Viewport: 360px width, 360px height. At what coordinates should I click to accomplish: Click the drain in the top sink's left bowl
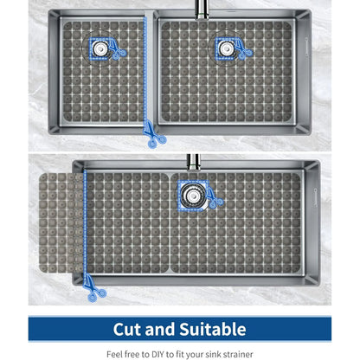click(x=100, y=48)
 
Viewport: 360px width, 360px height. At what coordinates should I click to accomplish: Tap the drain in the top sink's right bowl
click(x=226, y=48)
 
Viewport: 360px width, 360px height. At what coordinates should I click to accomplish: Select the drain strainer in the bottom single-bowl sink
click(x=193, y=196)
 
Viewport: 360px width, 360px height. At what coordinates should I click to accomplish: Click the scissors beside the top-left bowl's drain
click(x=116, y=49)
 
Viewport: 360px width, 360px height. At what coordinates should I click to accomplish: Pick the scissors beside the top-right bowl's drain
click(x=243, y=49)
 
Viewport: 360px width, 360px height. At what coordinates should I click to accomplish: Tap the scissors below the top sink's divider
click(x=154, y=135)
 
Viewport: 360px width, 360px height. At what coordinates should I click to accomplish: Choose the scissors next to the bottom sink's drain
click(x=214, y=197)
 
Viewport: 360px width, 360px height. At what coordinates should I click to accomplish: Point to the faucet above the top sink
click(x=202, y=10)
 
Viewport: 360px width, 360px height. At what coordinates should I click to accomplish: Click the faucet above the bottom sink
click(x=194, y=162)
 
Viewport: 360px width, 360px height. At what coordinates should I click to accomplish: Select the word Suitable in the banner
click(x=213, y=329)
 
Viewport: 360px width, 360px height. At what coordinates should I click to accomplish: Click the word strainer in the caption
click(x=238, y=354)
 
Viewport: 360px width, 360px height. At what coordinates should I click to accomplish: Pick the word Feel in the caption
click(x=112, y=354)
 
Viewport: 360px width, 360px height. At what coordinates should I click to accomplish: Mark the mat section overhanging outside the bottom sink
click(x=61, y=222)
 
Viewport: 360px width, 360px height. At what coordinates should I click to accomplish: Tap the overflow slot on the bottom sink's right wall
click(x=315, y=197)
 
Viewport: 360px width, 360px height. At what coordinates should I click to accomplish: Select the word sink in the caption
click(x=216, y=354)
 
